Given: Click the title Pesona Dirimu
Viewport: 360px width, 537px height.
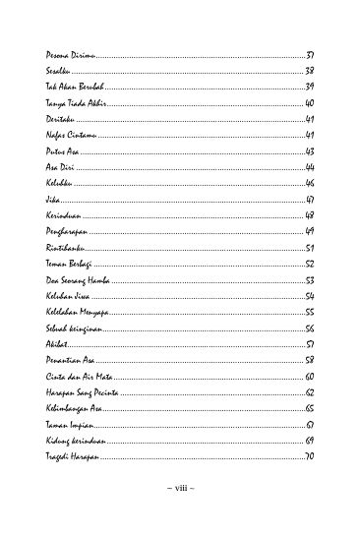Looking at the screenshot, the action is tap(67, 53).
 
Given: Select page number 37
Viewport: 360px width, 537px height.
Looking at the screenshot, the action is tap(309, 53).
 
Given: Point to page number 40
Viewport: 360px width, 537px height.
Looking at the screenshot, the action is tap(309, 102).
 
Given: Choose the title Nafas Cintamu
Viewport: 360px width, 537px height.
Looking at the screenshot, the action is tap(67, 135).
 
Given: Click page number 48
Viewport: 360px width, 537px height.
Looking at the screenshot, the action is tap(309, 214).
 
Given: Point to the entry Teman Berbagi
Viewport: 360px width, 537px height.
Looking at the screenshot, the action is tap(69, 264).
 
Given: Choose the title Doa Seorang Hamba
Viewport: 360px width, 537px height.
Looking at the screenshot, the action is tap(77, 280).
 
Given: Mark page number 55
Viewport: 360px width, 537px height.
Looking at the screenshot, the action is tap(309, 312).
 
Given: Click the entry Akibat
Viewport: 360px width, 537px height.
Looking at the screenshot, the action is tap(57, 344).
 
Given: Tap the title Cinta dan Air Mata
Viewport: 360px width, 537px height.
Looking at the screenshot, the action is tap(77, 377).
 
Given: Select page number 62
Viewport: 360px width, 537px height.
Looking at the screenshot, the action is tap(309, 392).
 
